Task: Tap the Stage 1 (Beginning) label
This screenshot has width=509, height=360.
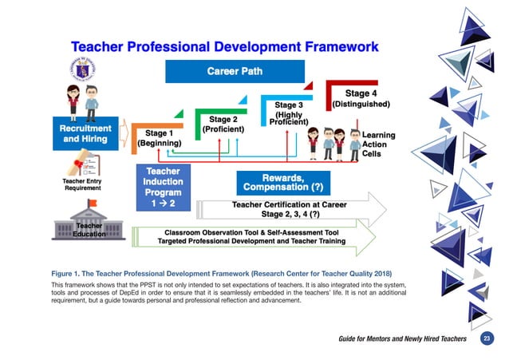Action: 160,137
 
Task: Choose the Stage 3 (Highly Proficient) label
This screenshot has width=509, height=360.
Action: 289,113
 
